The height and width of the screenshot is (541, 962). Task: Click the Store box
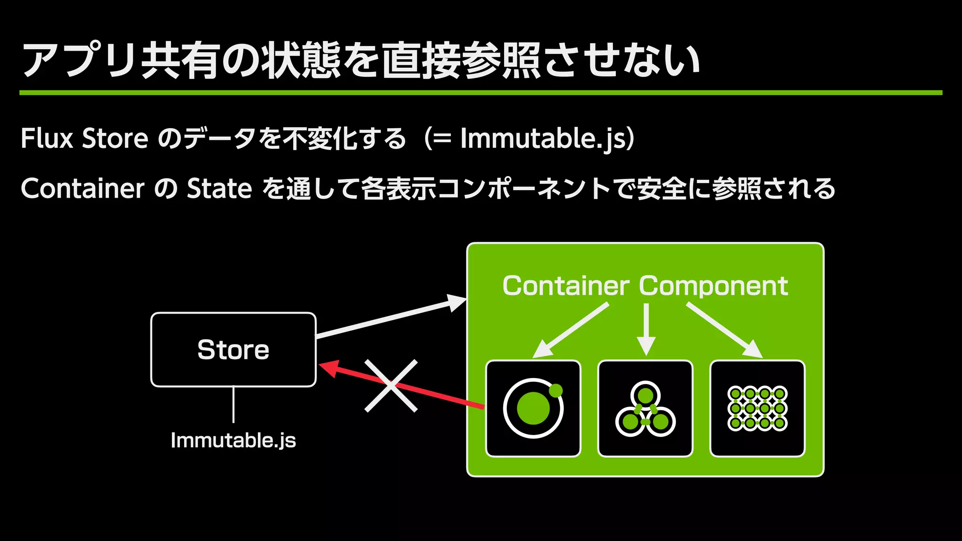233,349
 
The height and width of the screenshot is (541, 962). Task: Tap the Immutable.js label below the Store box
233,441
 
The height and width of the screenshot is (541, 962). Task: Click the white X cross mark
391,386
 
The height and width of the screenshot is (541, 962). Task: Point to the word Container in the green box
566,286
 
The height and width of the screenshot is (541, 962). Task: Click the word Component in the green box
713,286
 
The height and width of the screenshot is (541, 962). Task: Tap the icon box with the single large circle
533,408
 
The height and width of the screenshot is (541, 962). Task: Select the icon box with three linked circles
645,408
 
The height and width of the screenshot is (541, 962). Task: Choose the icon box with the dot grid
757,408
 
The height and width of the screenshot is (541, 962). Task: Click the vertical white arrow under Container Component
646,329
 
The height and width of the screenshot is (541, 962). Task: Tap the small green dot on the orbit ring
556,391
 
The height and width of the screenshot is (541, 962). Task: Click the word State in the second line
219,189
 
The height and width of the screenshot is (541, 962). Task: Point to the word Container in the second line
83,189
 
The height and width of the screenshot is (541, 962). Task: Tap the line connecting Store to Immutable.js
233,404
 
